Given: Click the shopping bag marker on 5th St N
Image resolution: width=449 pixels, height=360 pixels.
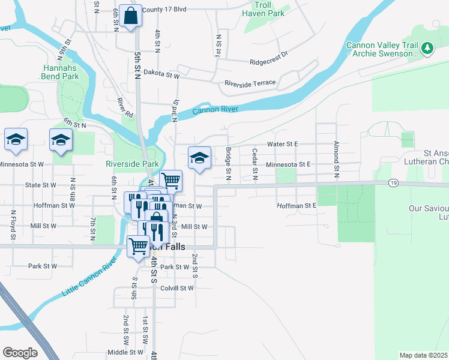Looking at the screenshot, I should tap(130, 16).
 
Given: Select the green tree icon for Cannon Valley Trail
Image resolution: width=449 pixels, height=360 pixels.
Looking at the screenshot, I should tap(427, 47).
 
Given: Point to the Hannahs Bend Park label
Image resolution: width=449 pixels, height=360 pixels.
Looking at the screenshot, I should tap(61, 73).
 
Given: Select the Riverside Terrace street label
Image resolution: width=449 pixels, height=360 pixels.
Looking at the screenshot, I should tap(250, 83).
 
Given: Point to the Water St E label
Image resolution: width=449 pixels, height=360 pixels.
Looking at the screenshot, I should tap(282, 144).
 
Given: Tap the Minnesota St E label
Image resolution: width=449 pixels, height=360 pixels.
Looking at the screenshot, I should tap(288, 164).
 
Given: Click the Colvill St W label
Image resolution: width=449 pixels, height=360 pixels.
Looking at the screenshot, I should tap(176, 288).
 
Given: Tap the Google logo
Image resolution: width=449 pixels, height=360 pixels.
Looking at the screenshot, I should tap(20, 353).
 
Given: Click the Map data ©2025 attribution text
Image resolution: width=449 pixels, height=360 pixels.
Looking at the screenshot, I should tap(423, 355).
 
